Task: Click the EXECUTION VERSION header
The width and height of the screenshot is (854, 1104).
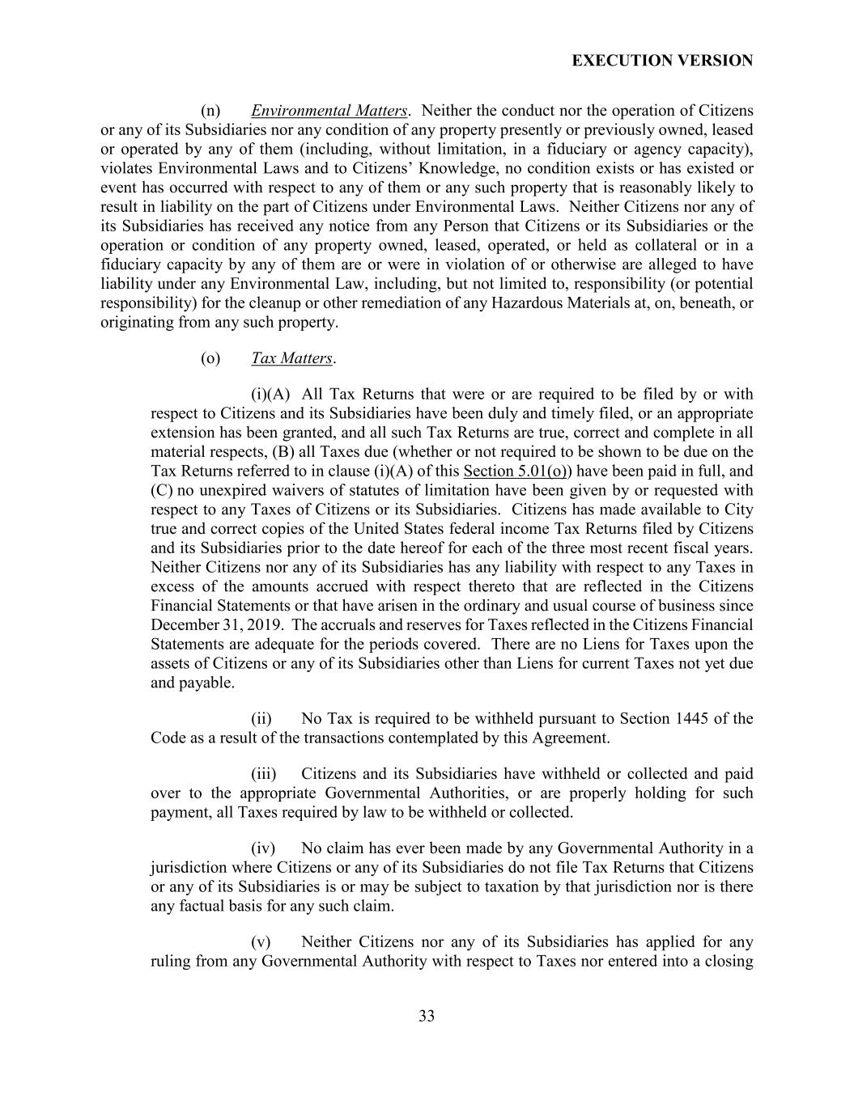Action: [662, 61]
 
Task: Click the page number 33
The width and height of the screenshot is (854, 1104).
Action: [427, 1016]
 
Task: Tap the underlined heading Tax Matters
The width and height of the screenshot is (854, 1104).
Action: [291, 358]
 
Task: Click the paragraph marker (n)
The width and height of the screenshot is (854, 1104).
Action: [210, 111]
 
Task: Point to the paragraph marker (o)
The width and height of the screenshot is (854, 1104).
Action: [210, 358]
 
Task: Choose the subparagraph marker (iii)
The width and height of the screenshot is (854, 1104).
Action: [263, 774]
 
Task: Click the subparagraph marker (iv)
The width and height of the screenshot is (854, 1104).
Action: [263, 848]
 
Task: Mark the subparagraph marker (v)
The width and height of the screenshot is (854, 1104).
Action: [261, 942]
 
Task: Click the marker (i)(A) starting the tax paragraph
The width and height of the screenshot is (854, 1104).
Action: [270, 395]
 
